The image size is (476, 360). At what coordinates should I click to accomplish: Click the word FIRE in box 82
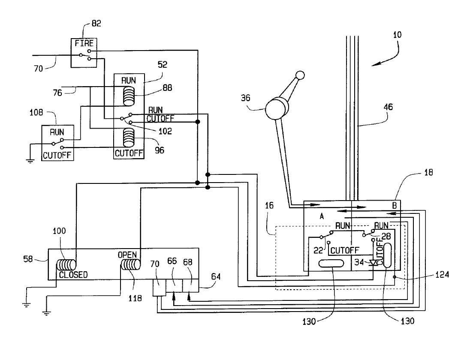click(x=84, y=44)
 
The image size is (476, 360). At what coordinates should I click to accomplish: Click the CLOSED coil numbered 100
click(x=67, y=264)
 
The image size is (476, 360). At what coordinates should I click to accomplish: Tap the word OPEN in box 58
click(x=127, y=255)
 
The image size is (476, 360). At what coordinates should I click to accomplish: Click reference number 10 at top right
click(x=397, y=36)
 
